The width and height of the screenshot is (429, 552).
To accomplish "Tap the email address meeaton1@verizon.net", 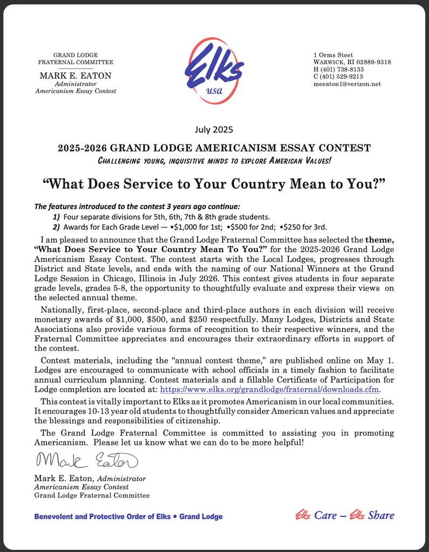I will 347,84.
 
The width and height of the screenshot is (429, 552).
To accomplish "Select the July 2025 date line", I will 214,129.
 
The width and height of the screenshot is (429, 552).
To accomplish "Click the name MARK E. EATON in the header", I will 76,75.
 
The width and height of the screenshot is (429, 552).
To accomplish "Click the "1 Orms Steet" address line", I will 333,55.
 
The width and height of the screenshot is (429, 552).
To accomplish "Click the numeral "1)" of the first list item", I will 56,216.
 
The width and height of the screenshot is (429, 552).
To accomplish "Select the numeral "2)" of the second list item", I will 56,226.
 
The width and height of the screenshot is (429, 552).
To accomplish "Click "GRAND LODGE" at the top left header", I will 76,56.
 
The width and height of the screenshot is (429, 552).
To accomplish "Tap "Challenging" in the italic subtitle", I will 119,161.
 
